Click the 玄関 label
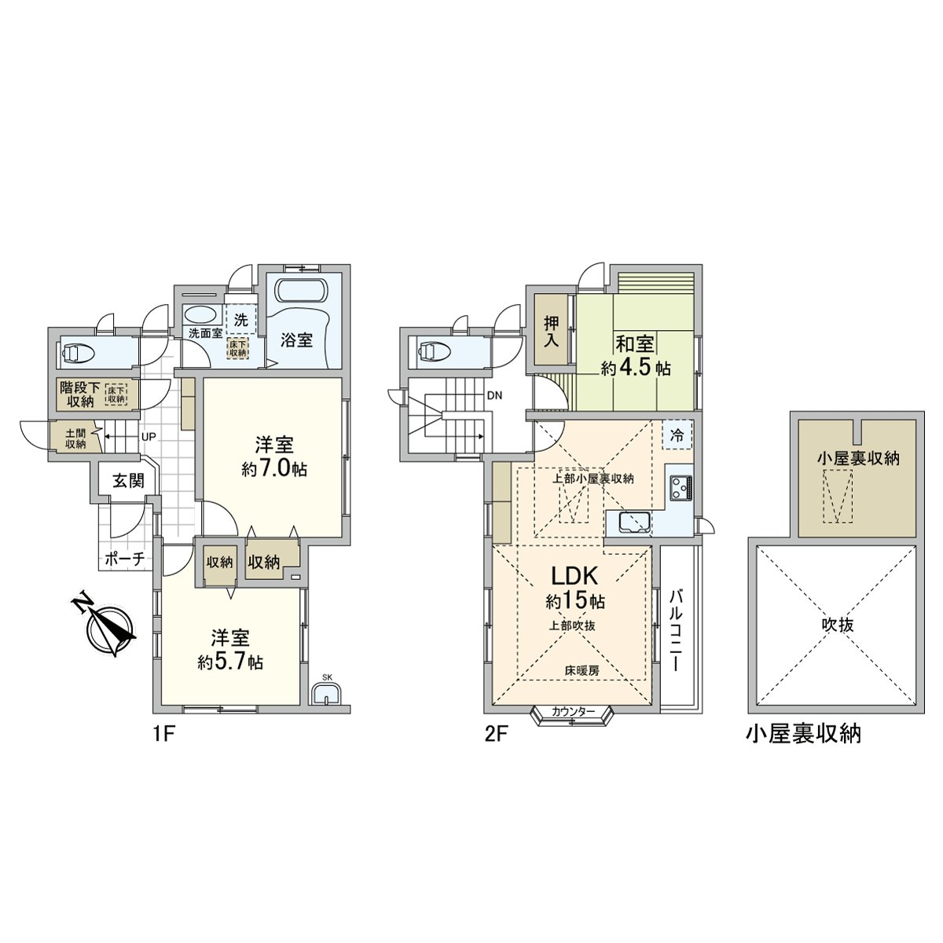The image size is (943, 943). pos(127,482)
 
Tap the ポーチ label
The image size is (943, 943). pos(124,560)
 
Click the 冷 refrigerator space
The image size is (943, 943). pos(677,435)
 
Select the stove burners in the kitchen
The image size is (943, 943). pos(680,488)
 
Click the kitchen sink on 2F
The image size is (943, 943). pos(633,522)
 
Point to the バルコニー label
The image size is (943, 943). pos(676,629)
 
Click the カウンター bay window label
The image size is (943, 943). pos(573,711)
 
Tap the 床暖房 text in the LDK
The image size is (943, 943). pos(581,670)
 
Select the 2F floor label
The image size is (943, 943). pos(496,735)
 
